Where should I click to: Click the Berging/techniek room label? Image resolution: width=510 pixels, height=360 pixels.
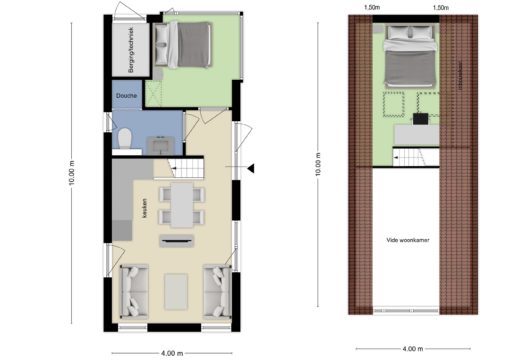point(131,50)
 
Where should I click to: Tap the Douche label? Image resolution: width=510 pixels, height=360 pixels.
point(127,95)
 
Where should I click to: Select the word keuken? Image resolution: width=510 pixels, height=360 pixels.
point(144,208)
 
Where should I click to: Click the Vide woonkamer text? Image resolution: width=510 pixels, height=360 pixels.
point(408,240)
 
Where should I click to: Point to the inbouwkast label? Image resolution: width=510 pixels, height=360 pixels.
point(460,75)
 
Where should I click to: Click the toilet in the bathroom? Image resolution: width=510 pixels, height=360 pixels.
point(125,139)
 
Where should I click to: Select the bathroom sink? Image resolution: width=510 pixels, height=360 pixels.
point(161,146)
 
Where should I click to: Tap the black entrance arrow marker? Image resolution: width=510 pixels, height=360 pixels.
point(250,168)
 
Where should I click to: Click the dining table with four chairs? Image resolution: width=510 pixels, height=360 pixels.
point(182,205)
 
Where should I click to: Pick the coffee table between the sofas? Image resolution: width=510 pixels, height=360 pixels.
point(176,292)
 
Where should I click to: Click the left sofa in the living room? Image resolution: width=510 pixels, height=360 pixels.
point(134,291)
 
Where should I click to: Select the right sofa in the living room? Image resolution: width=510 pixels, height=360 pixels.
point(217,292)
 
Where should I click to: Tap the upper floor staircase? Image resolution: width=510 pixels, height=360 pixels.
point(416,157)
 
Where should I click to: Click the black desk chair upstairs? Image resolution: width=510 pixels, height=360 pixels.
point(421,119)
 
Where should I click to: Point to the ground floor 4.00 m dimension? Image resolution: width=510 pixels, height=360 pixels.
point(172,353)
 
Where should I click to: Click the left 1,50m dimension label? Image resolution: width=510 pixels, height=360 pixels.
point(372,8)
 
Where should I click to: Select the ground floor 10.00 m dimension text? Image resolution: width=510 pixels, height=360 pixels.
point(72,173)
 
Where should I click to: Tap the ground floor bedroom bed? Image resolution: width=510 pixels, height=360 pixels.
point(182,45)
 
